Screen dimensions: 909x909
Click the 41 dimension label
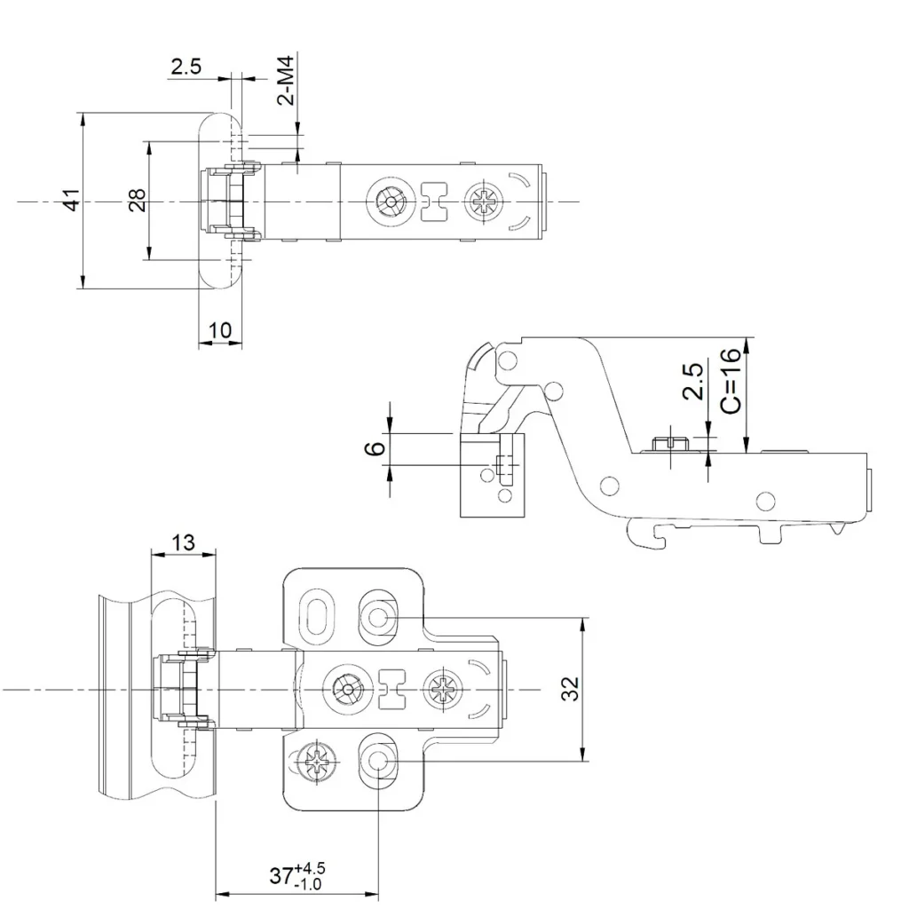[72, 200]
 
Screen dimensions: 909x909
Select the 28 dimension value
[138, 201]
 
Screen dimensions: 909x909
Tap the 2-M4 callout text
[287, 80]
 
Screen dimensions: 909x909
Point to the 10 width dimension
[220, 330]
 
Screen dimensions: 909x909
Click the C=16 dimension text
[731, 380]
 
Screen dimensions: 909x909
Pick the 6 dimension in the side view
[376, 447]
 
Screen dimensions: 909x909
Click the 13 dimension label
[183, 542]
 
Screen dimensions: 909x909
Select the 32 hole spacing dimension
[571, 689]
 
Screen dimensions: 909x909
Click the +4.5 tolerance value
[310, 868]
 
